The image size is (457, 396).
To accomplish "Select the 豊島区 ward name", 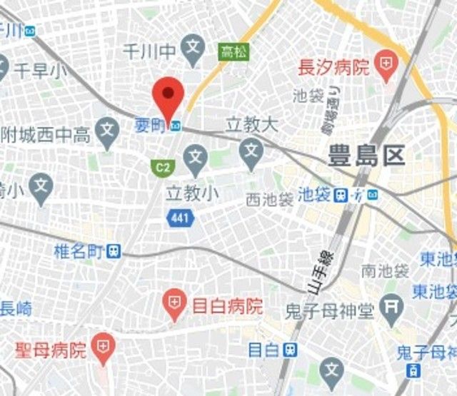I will pos(366,156).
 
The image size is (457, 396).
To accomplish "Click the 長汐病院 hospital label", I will pos(333,68).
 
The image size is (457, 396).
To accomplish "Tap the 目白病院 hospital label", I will pos(228,307).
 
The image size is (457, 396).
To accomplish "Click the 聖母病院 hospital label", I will pos(51,350).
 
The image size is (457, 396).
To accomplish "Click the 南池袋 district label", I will pos(384,271).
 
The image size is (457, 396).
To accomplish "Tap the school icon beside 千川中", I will pos(192,49).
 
